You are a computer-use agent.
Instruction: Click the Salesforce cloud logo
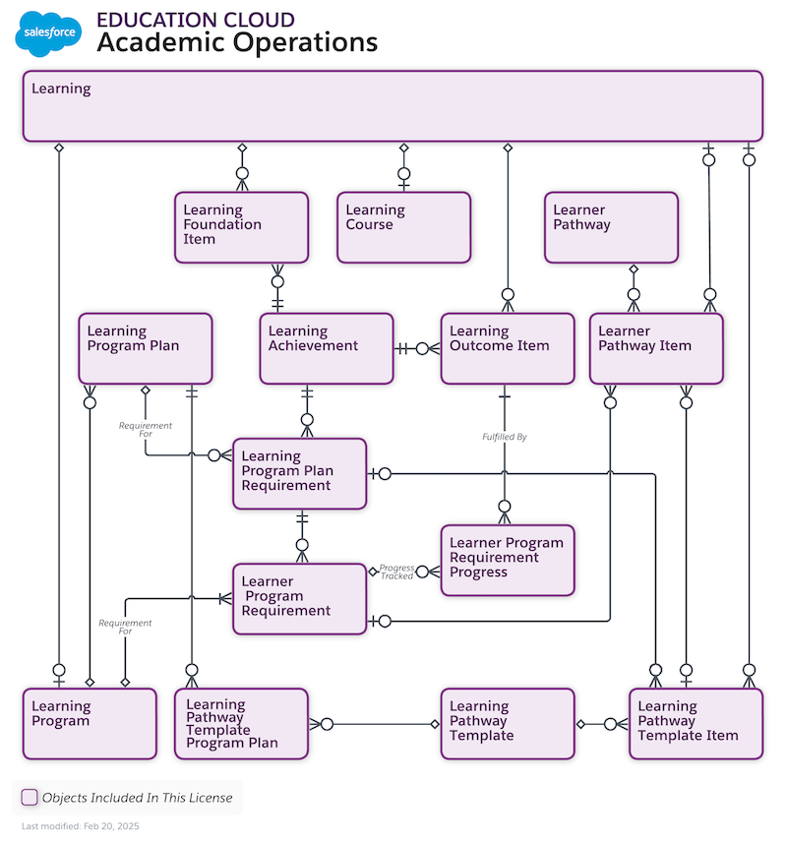pos(48,33)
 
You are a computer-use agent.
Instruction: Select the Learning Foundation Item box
pos(241,227)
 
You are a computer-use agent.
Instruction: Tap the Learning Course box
pos(403,227)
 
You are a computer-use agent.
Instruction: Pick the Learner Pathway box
pos(611,227)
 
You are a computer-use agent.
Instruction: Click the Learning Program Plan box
pos(145,348)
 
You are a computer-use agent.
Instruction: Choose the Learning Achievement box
pos(326,348)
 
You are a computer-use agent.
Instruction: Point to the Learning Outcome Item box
pos(507,348)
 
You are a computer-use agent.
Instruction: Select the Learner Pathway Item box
pos(655,348)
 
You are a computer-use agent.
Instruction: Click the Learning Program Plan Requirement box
pos(299,473)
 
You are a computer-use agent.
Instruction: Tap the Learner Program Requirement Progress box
pos(507,560)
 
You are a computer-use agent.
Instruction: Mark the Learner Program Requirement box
pos(299,597)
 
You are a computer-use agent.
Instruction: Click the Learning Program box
pos(89,723)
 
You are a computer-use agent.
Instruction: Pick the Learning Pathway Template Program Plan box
pos(241,723)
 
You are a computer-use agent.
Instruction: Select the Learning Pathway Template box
pos(507,723)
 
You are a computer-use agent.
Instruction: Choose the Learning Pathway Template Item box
pos(695,723)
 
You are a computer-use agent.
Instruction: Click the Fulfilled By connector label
pos(504,436)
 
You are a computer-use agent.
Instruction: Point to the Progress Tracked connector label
pos(397,572)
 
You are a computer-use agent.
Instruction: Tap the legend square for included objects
pos(30,797)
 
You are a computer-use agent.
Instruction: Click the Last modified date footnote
pos(81,826)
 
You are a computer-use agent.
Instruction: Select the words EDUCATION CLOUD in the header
pos(195,20)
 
